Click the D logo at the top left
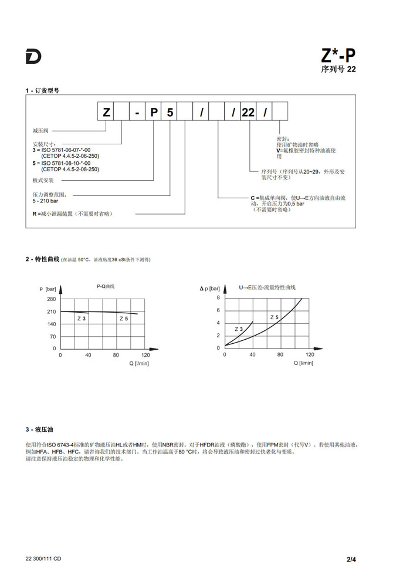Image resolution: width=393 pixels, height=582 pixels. point(33,57)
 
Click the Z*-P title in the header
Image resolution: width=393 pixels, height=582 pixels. point(338,56)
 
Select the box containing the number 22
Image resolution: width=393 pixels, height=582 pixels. point(248,112)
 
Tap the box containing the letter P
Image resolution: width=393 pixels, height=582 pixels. point(154,112)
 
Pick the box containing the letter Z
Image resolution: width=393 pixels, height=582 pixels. point(106,112)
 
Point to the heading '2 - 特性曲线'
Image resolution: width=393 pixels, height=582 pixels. point(42,259)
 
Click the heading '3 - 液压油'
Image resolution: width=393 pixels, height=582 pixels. point(39,429)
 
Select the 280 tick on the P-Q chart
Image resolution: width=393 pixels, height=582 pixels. point(51,299)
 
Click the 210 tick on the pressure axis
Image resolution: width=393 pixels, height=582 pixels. point(51,312)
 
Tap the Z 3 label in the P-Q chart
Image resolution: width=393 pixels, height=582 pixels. point(82,318)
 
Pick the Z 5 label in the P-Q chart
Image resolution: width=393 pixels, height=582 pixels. point(124,318)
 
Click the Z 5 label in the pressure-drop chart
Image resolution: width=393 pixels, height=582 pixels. point(274,317)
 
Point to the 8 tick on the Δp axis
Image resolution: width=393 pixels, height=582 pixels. point(218,298)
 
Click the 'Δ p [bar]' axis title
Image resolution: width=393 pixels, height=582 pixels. point(210,288)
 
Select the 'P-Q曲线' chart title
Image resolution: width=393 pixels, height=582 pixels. point(106,286)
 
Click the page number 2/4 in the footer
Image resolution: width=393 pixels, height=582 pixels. point(351,559)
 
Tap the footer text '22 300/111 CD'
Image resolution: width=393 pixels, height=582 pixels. point(43,559)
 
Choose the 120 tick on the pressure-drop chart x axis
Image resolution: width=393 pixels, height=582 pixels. point(310,355)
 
